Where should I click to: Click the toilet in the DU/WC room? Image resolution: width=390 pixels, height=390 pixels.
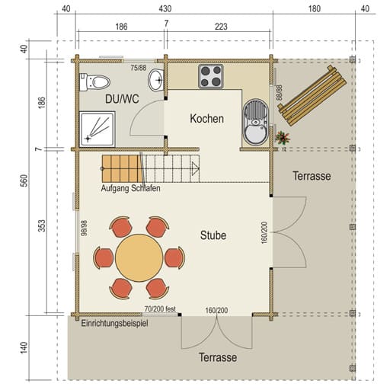click(x=94, y=82)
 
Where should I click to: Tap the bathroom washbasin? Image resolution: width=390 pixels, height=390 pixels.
click(x=156, y=80)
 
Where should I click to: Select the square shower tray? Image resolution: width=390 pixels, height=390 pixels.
click(x=97, y=129)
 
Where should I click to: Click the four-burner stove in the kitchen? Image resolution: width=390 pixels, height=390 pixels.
click(x=211, y=76)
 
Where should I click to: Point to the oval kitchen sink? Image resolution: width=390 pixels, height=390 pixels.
click(x=255, y=123)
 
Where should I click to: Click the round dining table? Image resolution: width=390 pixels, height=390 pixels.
click(x=139, y=257)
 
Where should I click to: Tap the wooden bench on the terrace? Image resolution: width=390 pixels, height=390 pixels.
click(x=312, y=96)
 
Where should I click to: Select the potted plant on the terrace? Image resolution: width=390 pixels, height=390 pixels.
click(x=283, y=138)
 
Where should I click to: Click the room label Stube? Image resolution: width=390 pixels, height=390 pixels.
click(x=213, y=235)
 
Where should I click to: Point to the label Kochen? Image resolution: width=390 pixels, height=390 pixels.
click(x=207, y=119)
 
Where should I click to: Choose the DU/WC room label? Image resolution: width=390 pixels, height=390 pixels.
click(x=122, y=99)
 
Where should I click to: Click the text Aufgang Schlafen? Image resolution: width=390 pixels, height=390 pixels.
click(x=130, y=188)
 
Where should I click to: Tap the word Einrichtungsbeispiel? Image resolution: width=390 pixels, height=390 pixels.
click(x=114, y=324)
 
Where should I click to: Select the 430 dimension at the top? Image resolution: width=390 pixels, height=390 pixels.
click(x=165, y=9)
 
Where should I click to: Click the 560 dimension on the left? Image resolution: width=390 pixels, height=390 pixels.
click(x=24, y=181)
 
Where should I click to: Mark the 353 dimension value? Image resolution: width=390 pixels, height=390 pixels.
click(x=42, y=225)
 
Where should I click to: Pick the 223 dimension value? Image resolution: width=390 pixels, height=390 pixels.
click(x=221, y=27)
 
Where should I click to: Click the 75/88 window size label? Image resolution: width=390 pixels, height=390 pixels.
click(x=139, y=68)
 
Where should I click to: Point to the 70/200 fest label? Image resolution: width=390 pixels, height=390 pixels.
click(x=160, y=309)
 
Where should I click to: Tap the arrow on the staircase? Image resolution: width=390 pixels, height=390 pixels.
click(x=195, y=168)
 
